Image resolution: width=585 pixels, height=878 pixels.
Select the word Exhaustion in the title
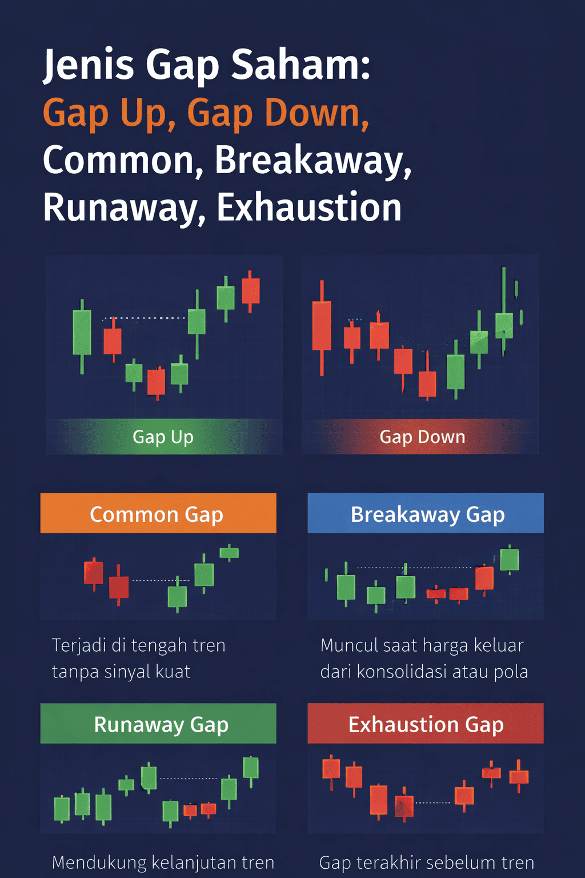click(x=308, y=207)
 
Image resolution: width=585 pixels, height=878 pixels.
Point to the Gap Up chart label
click(x=163, y=437)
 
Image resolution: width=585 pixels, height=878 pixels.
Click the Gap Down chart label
click(x=422, y=437)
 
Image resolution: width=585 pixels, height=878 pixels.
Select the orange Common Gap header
click(x=158, y=514)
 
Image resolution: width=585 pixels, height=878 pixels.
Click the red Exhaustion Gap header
click(x=426, y=724)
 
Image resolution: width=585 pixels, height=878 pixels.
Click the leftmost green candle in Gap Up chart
click(x=82, y=333)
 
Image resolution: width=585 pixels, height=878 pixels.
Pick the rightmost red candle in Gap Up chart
click(x=250, y=290)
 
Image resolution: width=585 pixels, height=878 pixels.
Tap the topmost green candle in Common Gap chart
click(x=229, y=553)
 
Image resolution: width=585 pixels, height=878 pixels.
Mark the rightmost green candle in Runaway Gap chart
click(x=250, y=768)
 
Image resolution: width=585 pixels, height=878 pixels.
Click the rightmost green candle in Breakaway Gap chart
click(x=509, y=559)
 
